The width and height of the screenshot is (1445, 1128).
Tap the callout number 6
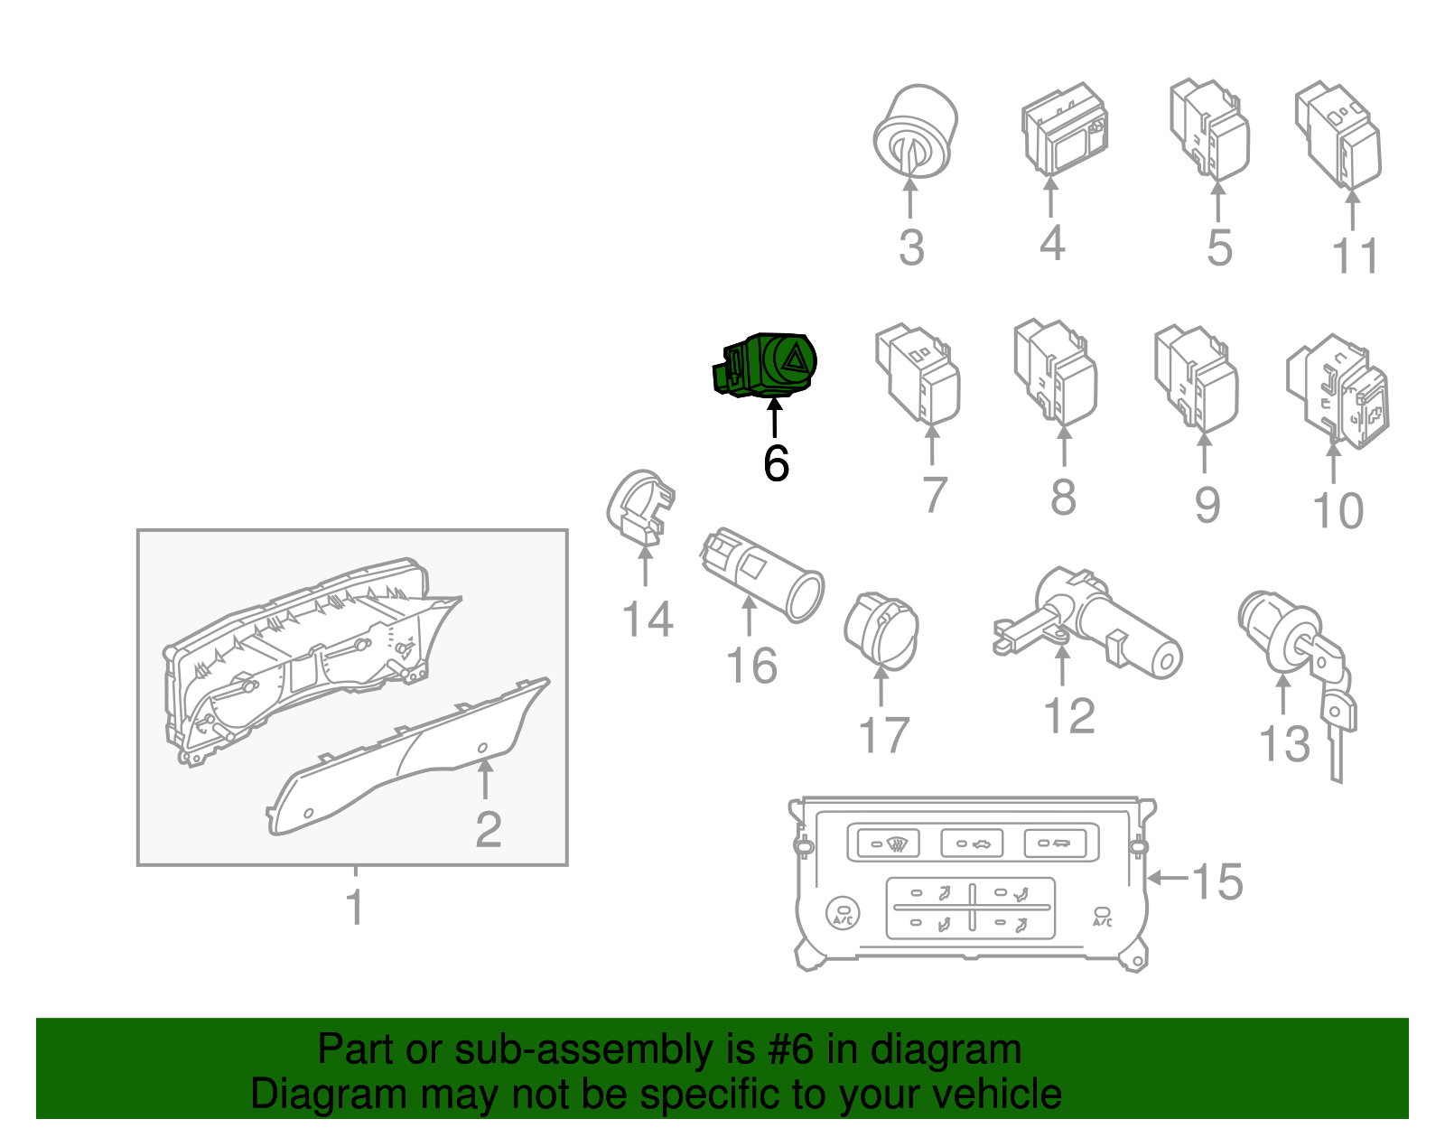[776, 463]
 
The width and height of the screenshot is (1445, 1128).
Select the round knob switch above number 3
[915, 132]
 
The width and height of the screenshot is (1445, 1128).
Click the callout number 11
[1356, 256]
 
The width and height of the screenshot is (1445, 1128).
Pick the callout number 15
[1217, 882]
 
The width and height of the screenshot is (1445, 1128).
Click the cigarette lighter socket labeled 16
[762, 574]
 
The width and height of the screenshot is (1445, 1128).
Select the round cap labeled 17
[881, 630]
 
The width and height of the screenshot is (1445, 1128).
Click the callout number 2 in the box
[488, 830]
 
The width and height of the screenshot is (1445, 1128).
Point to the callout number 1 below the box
[355, 907]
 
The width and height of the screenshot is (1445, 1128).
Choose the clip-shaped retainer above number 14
[641, 508]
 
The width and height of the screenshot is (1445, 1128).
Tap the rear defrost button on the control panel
[889, 844]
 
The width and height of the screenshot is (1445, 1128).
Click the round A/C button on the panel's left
[843, 914]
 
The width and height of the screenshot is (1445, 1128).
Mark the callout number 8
[1063, 497]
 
